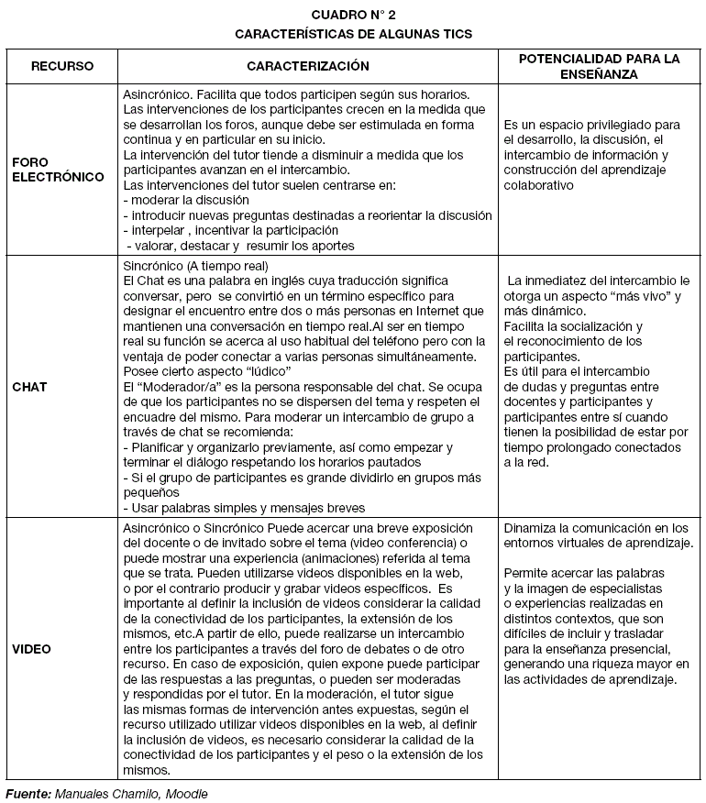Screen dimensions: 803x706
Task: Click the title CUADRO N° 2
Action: click(x=353, y=15)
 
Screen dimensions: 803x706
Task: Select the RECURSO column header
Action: click(x=62, y=66)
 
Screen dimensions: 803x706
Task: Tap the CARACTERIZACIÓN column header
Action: click(x=308, y=66)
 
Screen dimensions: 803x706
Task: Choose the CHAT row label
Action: click(x=29, y=387)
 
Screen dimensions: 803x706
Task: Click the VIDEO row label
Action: click(x=32, y=649)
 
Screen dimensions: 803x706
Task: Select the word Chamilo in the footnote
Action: click(x=132, y=793)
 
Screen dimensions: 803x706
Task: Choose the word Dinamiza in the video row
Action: click(x=532, y=528)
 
